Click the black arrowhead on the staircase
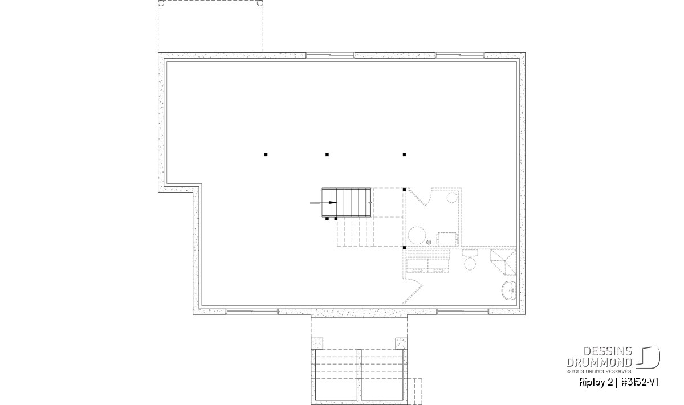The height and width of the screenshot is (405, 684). [x=333, y=203]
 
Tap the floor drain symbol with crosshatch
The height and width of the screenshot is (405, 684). [x=429, y=242]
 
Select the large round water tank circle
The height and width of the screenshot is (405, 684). [x=417, y=235]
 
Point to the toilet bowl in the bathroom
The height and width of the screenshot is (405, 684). [x=470, y=263]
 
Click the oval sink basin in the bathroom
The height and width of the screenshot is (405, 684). [x=509, y=291]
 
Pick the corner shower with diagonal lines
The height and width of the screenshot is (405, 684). [x=503, y=262]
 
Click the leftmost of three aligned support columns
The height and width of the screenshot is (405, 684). [x=266, y=154]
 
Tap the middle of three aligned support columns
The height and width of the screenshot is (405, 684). [x=327, y=154]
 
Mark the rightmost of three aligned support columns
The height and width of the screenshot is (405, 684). [x=404, y=154]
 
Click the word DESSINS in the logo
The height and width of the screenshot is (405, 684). [x=608, y=351]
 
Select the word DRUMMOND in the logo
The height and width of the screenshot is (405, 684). [x=599, y=362]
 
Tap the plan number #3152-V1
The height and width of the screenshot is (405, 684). [x=640, y=382]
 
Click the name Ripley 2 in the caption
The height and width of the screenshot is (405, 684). [x=596, y=382]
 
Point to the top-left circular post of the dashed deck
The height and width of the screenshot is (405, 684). [x=161, y=3]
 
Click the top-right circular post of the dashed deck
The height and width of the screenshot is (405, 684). [x=260, y=3]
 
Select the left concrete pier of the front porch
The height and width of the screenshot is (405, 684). [x=317, y=343]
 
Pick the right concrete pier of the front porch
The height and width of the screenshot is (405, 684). [x=401, y=343]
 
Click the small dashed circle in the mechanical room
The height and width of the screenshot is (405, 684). [x=452, y=198]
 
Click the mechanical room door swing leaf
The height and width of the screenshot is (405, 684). [x=417, y=198]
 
